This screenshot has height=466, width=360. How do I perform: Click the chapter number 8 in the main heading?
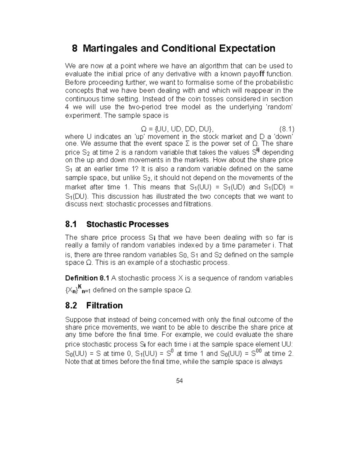click(74, 48)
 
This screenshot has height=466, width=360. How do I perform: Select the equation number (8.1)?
click(286, 129)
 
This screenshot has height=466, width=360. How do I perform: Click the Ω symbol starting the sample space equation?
click(144, 129)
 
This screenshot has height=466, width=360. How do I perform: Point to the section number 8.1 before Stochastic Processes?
click(71, 224)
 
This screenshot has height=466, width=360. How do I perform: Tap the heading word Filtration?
click(104, 305)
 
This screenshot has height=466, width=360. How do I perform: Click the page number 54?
click(180, 381)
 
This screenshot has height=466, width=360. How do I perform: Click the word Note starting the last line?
click(72, 362)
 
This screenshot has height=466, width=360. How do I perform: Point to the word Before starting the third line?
click(75, 82)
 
